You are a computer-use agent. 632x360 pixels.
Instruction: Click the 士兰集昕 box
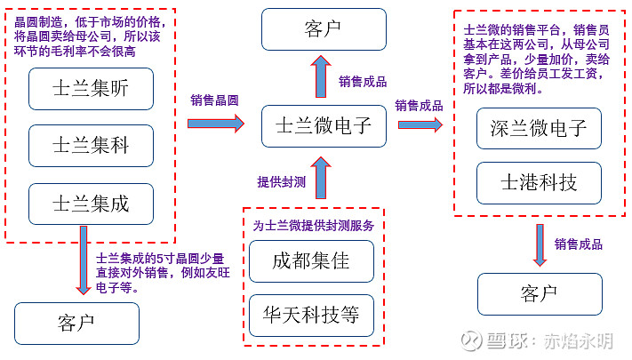coord(91,87)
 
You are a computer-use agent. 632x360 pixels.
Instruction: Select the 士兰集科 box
coord(91,145)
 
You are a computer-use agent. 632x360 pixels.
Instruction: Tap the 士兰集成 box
coord(91,204)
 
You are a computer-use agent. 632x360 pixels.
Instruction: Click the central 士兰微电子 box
coord(324,126)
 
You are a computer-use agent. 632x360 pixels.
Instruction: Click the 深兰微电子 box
coord(539,128)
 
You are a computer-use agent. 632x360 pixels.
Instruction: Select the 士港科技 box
coord(539,183)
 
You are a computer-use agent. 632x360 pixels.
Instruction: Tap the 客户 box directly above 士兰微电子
coord(324,29)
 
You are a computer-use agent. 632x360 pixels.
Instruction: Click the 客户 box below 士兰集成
coord(76,324)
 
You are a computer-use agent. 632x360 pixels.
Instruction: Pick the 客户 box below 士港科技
coord(539,293)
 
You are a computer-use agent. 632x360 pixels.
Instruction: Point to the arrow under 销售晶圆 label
coord(214,124)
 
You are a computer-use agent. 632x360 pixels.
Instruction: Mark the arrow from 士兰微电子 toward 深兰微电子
coord(420,125)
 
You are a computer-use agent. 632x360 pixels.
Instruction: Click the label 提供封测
coord(282,180)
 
